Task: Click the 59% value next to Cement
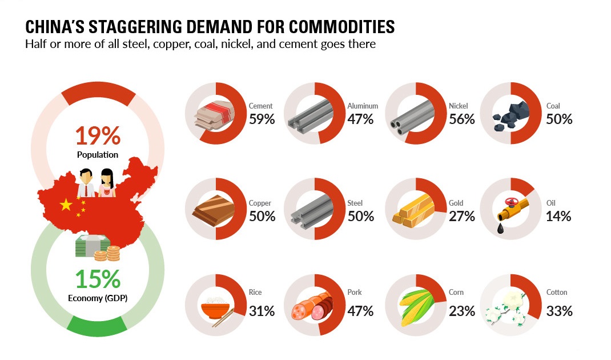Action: (x=262, y=119)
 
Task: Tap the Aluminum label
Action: (x=363, y=106)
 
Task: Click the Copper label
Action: (x=260, y=203)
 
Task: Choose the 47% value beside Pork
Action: (x=360, y=311)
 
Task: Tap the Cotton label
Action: (x=557, y=293)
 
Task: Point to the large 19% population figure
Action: (x=98, y=136)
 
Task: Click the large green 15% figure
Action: (x=98, y=279)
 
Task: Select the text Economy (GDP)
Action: (x=98, y=298)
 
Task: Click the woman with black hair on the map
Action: (x=107, y=182)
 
